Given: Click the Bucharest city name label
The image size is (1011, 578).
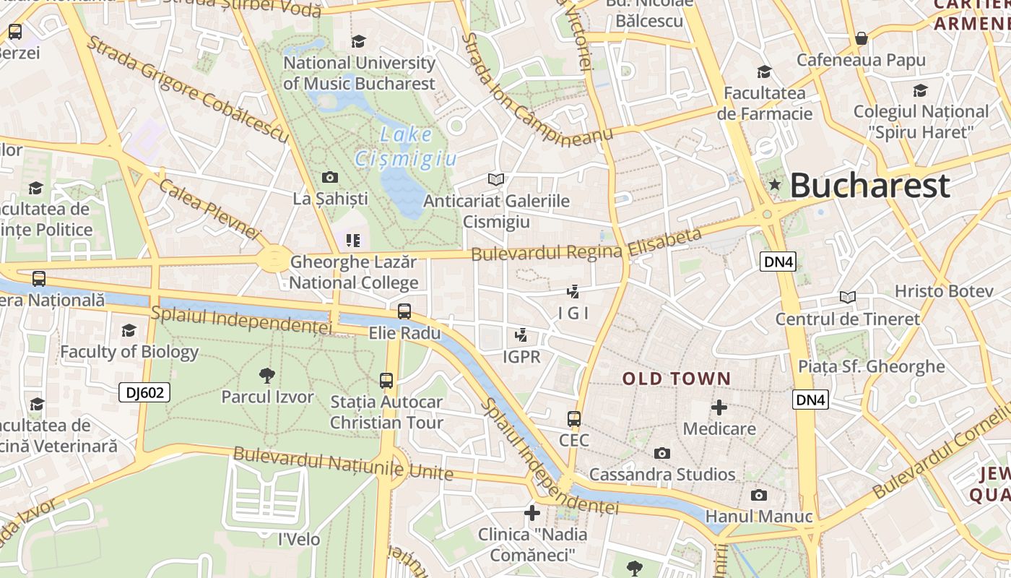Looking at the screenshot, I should (x=869, y=186).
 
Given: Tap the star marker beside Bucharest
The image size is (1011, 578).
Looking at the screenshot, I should (x=775, y=184).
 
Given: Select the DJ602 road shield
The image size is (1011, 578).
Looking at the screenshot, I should (x=145, y=392).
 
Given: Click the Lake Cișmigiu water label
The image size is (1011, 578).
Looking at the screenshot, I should (x=406, y=146).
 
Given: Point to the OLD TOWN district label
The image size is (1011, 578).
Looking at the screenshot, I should (x=677, y=379).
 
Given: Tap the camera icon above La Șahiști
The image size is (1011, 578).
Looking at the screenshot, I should (x=330, y=177).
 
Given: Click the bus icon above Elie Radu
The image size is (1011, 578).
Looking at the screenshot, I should (x=404, y=311).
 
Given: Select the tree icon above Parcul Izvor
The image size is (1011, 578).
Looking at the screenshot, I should (x=267, y=375).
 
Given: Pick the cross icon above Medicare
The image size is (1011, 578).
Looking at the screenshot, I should (x=719, y=407).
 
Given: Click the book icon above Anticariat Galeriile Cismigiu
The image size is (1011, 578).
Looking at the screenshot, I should (x=496, y=179).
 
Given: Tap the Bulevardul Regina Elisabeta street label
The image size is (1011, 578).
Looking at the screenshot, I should (x=586, y=245).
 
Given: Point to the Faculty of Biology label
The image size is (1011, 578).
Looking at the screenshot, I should (x=129, y=352).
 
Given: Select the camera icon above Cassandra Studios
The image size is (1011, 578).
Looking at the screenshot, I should (x=662, y=453).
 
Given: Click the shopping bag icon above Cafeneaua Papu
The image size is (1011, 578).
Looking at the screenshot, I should (x=861, y=38).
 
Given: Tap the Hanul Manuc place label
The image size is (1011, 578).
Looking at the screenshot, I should (x=759, y=517).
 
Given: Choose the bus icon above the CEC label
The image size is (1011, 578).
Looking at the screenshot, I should (x=574, y=419).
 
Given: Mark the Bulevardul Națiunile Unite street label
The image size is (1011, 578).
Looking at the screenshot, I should (x=343, y=463).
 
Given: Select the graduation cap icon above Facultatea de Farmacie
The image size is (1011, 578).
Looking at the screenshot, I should (x=764, y=72).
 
